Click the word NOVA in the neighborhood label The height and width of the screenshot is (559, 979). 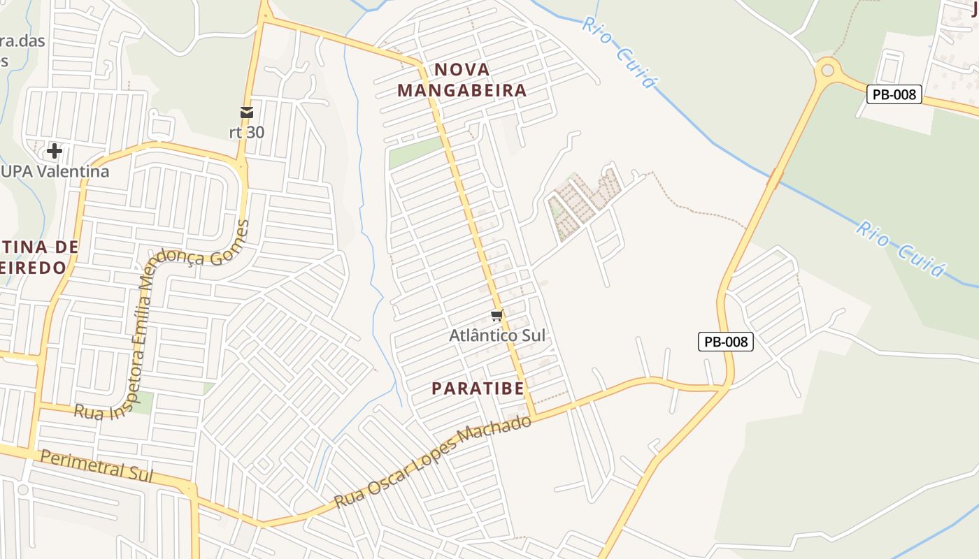click(x=462, y=69)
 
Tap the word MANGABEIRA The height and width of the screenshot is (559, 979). click(x=462, y=90)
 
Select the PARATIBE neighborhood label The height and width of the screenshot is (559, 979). click(x=478, y=389)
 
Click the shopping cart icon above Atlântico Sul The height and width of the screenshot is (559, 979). click(x=497, y=316)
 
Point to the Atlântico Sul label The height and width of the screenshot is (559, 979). click(x=496, y=335)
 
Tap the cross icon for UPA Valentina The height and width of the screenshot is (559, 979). click(x=54, y=150)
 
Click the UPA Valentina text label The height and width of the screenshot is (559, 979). click(x=55, y=171)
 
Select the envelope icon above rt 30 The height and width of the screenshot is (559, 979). click(x=246, y=112)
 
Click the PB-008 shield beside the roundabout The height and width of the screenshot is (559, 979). click(x=894, y=94)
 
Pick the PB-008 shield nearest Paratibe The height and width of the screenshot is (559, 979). click(x=725, y=342)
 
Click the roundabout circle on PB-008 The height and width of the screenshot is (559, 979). click(x=828, y=70)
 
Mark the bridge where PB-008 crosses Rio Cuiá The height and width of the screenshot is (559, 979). click(x=774, y=178)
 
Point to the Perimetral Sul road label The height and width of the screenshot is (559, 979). click(x=96, y=464)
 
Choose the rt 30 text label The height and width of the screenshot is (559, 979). click(x=247, y=131)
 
